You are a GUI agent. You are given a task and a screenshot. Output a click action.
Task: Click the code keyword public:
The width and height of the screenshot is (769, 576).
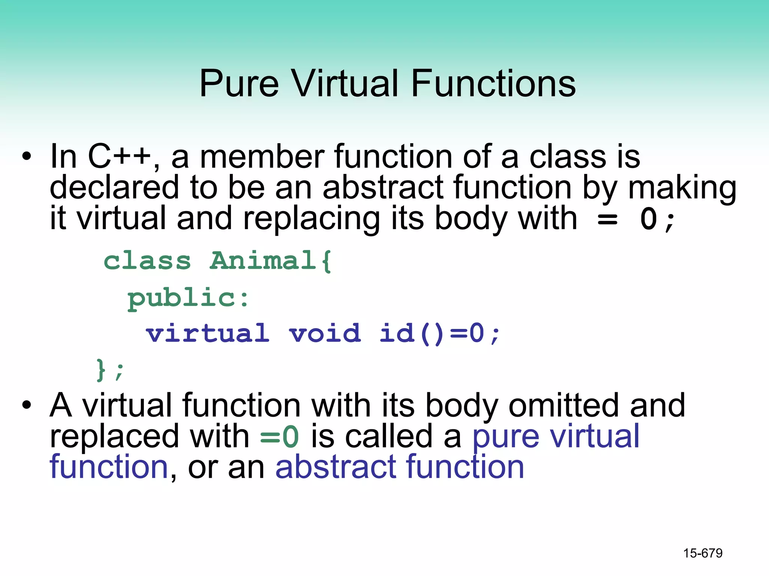coord(188,298)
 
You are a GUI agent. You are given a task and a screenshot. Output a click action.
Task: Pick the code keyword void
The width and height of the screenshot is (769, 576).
coord(325,333)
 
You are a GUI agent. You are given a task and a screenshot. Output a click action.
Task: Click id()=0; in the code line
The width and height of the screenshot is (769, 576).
coord(440,333)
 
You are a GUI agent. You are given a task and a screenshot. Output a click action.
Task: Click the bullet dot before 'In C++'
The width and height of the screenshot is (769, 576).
coord(26,156)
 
